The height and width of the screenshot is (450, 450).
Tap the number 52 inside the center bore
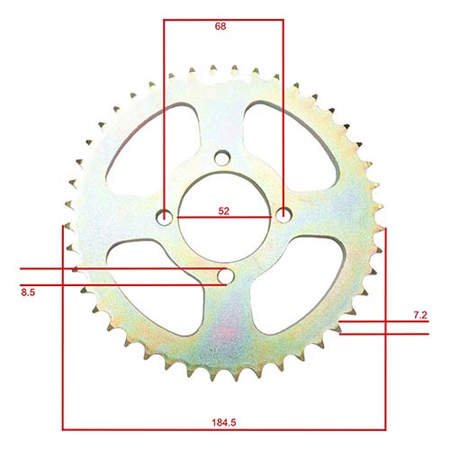222,211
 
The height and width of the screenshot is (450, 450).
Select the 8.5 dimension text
29,293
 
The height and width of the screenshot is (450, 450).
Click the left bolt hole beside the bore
165,216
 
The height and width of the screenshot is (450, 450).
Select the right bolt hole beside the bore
283,216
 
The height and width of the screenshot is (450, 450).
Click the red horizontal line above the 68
222,17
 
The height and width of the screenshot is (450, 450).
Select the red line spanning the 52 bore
223,219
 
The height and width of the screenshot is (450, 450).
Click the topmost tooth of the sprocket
214,68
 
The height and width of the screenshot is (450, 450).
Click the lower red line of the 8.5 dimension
108,285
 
